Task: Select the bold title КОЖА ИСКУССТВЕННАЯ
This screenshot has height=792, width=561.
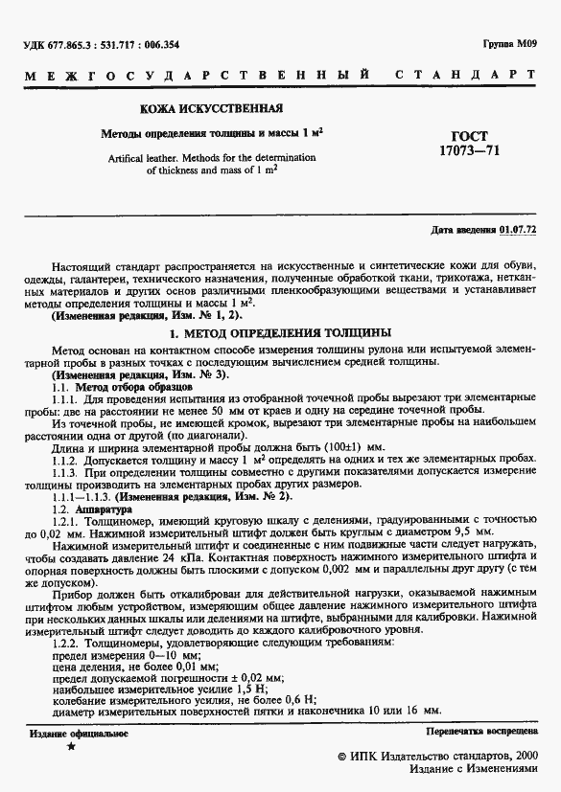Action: [211, 110]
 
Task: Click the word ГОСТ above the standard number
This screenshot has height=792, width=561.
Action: [468, 136]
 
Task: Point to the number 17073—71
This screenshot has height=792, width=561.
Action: [468, 151]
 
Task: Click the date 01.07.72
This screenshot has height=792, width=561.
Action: [518, 231]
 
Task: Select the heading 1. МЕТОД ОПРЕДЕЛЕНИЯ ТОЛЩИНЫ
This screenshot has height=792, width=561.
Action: [280, 333]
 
